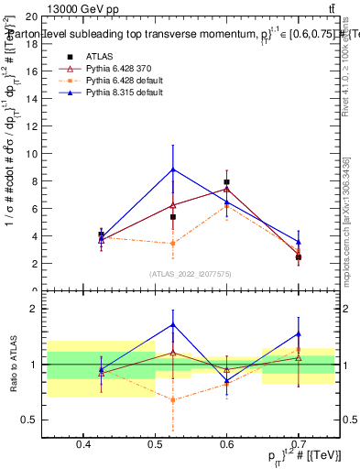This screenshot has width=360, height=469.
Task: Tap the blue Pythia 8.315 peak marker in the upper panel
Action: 172,169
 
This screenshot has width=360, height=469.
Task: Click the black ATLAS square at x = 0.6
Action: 226,182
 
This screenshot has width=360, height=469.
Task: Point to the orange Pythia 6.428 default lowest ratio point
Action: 172,399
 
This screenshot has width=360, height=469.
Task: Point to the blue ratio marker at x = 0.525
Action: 172,325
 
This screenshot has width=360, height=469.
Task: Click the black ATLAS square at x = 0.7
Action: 299,257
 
